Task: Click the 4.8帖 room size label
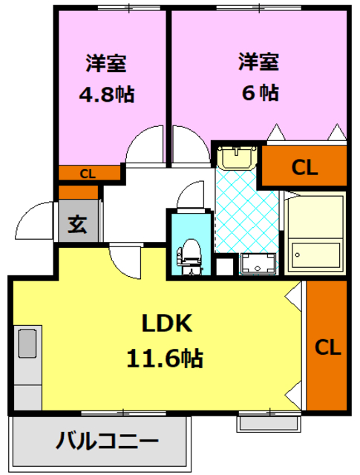pyautogui.click(x=107, y=94)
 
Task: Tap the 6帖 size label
pyautogui.click(x=261, y=92)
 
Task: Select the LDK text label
pyautogui.click(x=167, y=324)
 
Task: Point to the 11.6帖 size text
pyautogui.click(x=165, y=358)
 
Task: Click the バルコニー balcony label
pyautogui.click(x=108, y=440)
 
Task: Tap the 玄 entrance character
pyautogui.click(x=78, y=224)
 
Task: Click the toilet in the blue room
pyautogui.click(x=190, y=257)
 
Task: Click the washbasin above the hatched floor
pyautogui.click(x=237, y=157)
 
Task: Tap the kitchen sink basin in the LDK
pyautogui.click(x=27, y=344)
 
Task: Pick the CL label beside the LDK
pyautogui.click(x=328, y=347)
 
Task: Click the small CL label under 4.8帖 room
pyautogui.click(x=88, y=174)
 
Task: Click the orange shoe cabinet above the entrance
pyautogui.click(x=78, y=192)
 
